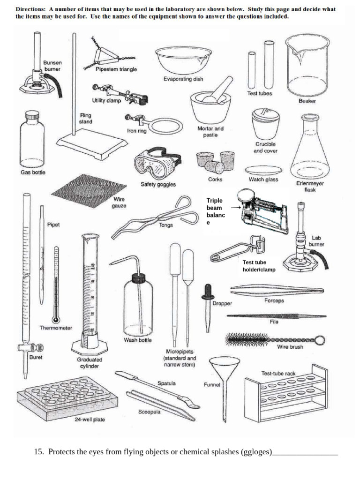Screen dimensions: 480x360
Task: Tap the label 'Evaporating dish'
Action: [x=183, y=79]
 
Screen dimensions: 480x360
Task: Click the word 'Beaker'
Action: [x=307, y=101]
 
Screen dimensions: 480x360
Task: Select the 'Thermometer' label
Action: [x=56, y=328]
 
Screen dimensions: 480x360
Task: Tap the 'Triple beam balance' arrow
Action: [x=235, y=208]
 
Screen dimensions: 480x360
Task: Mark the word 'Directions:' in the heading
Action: [x=31, y=9]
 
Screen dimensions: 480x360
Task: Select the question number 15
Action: [x=39, y=452]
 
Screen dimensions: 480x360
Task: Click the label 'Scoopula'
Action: [x=149, y=412]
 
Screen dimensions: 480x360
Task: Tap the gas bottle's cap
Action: [x=32, y=115]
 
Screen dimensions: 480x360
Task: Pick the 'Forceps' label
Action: [x=274, y=300]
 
